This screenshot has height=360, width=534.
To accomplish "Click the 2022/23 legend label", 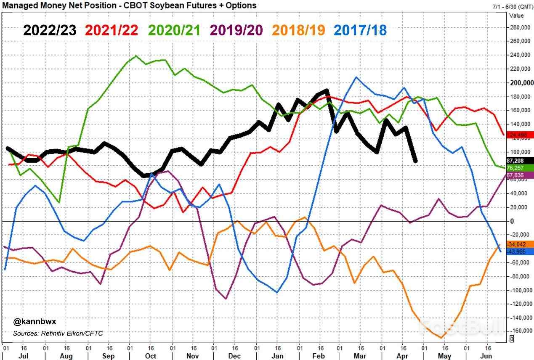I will click(x=50, y=30).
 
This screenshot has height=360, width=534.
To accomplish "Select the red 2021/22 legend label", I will click(x=112, y=30).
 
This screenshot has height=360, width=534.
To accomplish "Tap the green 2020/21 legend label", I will click(x=174, y=30).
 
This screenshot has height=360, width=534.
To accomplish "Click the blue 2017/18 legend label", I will click(x=360, y=30).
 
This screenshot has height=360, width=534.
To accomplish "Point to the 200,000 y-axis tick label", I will click(x=520, y=83).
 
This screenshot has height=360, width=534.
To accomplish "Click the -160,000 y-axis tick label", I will click(x=520, y=331).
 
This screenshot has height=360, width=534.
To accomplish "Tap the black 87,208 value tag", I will click(x=521, y=161).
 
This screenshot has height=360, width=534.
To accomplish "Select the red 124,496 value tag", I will click(x=521, y=135).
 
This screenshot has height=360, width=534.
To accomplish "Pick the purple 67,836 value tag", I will click(x=521, y=175).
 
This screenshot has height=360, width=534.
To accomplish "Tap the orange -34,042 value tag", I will click(x=521, y=244).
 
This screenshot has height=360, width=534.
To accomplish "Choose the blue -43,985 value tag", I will click(x=521, y=251).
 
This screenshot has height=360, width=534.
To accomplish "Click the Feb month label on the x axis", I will click(x=319, y=356).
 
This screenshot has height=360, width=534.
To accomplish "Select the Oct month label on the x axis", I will click(x=150, y=356).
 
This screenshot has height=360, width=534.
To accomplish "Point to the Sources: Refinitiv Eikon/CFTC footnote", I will click(x=58, y=333).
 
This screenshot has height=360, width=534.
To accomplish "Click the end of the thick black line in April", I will click(x=416, y=161).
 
